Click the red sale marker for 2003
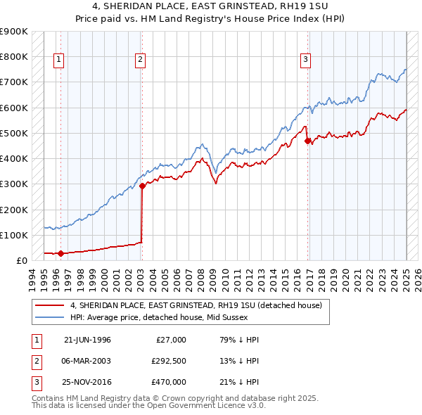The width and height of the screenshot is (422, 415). [x=141, y=186]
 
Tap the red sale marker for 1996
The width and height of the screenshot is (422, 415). [x=60, y=253]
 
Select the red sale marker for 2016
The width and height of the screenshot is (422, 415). [x=307, y=141]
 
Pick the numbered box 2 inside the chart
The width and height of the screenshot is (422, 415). [x=141, y=60]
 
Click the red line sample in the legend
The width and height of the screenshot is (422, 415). [x=49, y=305]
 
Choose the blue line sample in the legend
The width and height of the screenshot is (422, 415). [x=49, y=317]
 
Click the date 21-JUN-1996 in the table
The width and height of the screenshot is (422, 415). [x=87, y=340]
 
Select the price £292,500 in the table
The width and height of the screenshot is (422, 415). [x=169, y=361]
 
